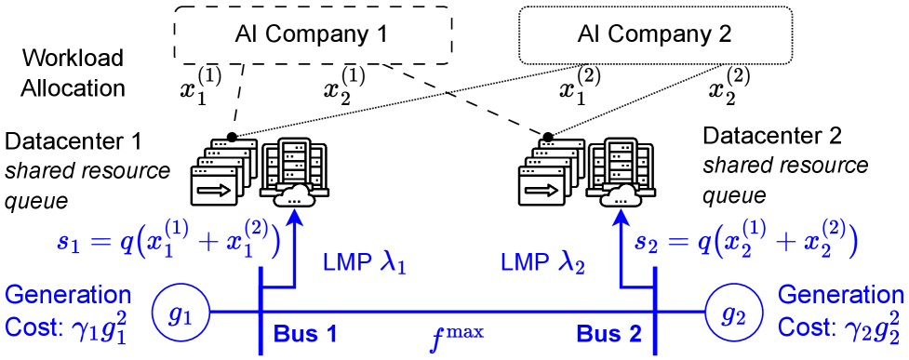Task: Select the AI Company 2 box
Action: click(x=654, y=36)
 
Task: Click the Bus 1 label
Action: click(x=305, y=334)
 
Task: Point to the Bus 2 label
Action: click(x=609, y=334)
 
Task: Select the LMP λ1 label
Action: click(x=364, y=264)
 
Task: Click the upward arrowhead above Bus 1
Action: click(x=295, y=217)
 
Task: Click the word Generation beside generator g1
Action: click(x=68, y=296)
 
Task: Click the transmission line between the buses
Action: click(x=457, y=312)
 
